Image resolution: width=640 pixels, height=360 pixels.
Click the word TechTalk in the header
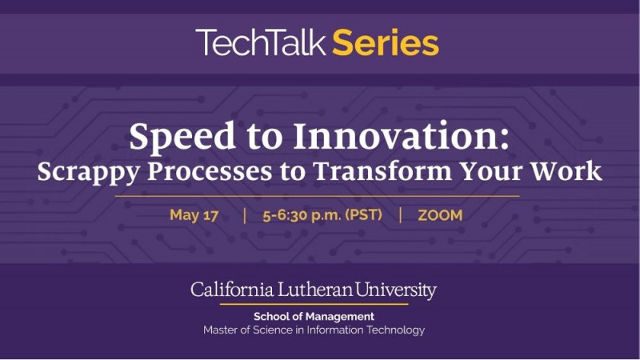(261, 42)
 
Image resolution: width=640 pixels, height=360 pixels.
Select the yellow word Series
(386, 42)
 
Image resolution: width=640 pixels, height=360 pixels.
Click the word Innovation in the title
(402, 136)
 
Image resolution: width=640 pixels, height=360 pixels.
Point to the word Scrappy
(89, 172)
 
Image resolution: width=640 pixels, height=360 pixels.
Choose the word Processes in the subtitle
(210, 171)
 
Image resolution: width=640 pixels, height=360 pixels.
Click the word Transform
(382, 170)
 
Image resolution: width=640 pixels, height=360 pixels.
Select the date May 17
(194, 215)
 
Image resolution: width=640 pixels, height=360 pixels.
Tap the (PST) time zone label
(364, 215)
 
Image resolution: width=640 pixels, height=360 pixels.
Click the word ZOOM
(440, 215)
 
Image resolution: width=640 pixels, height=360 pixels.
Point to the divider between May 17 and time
(245, 215)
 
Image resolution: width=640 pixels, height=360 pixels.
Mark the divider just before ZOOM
(401, 215)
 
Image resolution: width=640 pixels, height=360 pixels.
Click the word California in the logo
(232, 290)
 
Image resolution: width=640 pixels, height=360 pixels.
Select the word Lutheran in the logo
(315, 290)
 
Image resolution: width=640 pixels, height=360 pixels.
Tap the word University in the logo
(395, 290)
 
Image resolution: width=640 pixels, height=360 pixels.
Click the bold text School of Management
(314, 316)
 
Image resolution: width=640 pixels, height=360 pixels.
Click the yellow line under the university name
(314, 304)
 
